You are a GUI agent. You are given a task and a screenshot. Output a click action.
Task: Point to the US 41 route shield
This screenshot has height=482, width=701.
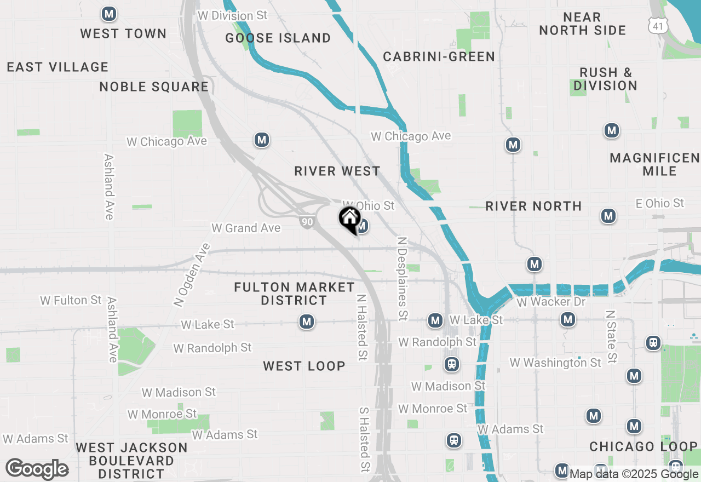point(657,25)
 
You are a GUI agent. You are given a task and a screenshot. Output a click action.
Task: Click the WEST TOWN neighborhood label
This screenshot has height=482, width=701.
point(123,33)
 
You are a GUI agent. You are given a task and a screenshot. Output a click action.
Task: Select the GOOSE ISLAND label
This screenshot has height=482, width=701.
point(278,38)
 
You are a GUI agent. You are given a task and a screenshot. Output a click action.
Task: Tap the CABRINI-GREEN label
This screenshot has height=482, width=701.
point(439,56)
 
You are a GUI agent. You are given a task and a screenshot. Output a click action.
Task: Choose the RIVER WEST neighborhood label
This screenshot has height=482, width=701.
point(337,171)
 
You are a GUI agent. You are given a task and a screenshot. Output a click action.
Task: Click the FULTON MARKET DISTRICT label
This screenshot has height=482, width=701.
point(294,294)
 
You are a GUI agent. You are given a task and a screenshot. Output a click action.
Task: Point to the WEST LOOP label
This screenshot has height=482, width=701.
point(304,366)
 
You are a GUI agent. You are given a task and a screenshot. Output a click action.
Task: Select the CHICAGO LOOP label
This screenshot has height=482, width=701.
point(644,446)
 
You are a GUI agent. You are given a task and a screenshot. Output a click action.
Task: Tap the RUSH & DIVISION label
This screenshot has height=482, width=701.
point(606,79)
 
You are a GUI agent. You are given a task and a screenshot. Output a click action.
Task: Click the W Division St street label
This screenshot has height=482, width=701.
point(232,15)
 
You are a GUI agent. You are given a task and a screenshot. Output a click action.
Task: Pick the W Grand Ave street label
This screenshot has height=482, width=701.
point(246,228)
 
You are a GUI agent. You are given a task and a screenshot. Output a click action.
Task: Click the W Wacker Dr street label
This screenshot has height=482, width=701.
point(551,302)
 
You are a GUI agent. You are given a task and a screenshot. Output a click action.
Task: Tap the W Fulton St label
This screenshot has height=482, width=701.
point(71,300)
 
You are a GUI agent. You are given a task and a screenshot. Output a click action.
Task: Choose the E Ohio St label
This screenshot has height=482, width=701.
point(659,203)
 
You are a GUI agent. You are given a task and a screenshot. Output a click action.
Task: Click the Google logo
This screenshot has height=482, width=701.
point(37,469)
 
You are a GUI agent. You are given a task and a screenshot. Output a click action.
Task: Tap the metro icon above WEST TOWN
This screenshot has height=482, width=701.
point(110,14)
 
